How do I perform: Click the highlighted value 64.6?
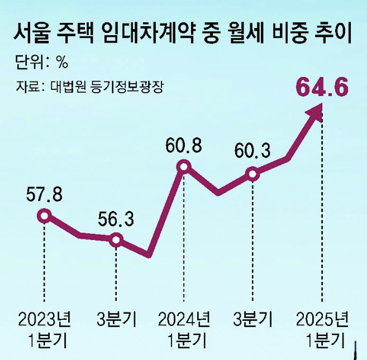322,88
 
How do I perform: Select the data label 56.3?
116,219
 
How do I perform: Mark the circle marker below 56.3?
116,240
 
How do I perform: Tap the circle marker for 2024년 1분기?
184,166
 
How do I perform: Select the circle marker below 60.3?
252,174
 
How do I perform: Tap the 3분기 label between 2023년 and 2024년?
116,320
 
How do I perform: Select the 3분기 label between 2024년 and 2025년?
252,320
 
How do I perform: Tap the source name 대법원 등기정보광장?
117,87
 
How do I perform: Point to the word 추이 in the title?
331,35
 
